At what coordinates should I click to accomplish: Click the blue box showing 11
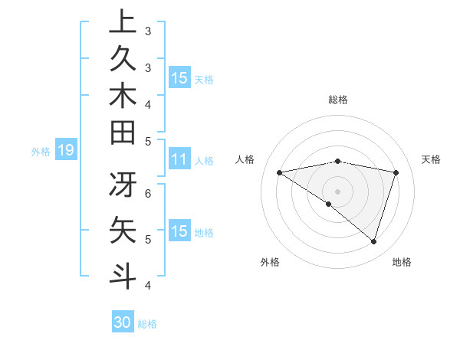tap(179, 160)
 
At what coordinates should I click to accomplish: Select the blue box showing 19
tap(66, 151)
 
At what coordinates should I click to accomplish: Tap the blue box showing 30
tap(123, 322)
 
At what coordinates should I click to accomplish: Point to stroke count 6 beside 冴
tap(148, 193)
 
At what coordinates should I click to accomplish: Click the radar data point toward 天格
tap(396, 172)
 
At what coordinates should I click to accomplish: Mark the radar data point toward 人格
tap(280, 172)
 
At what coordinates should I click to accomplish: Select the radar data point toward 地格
tap(374, 241)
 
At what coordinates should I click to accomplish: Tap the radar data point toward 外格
tap(329, 204)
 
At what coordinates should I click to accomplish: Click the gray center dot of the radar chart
tap(338, 190)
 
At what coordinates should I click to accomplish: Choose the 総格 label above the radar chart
tap(338, 100)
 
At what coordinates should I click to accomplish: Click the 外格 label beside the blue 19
tap(41, 152)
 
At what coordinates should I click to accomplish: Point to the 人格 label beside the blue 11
tap(204, 161)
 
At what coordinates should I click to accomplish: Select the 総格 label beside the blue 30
tap(147, 323)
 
